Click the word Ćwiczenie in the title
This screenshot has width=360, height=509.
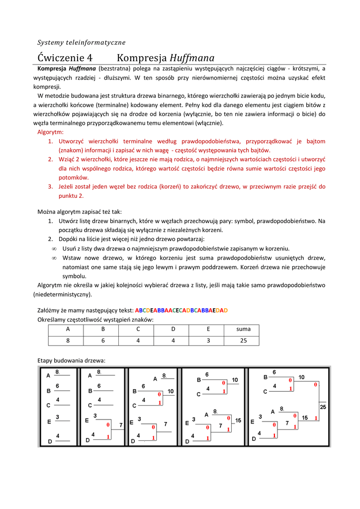[62, 58]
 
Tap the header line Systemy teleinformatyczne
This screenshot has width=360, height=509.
[82, 42]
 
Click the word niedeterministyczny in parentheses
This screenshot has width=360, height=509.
[63, 294]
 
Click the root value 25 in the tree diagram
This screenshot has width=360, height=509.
[323, 407]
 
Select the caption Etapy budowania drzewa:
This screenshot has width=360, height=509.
[72, 360]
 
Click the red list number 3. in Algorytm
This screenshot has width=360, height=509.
[51, 186]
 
